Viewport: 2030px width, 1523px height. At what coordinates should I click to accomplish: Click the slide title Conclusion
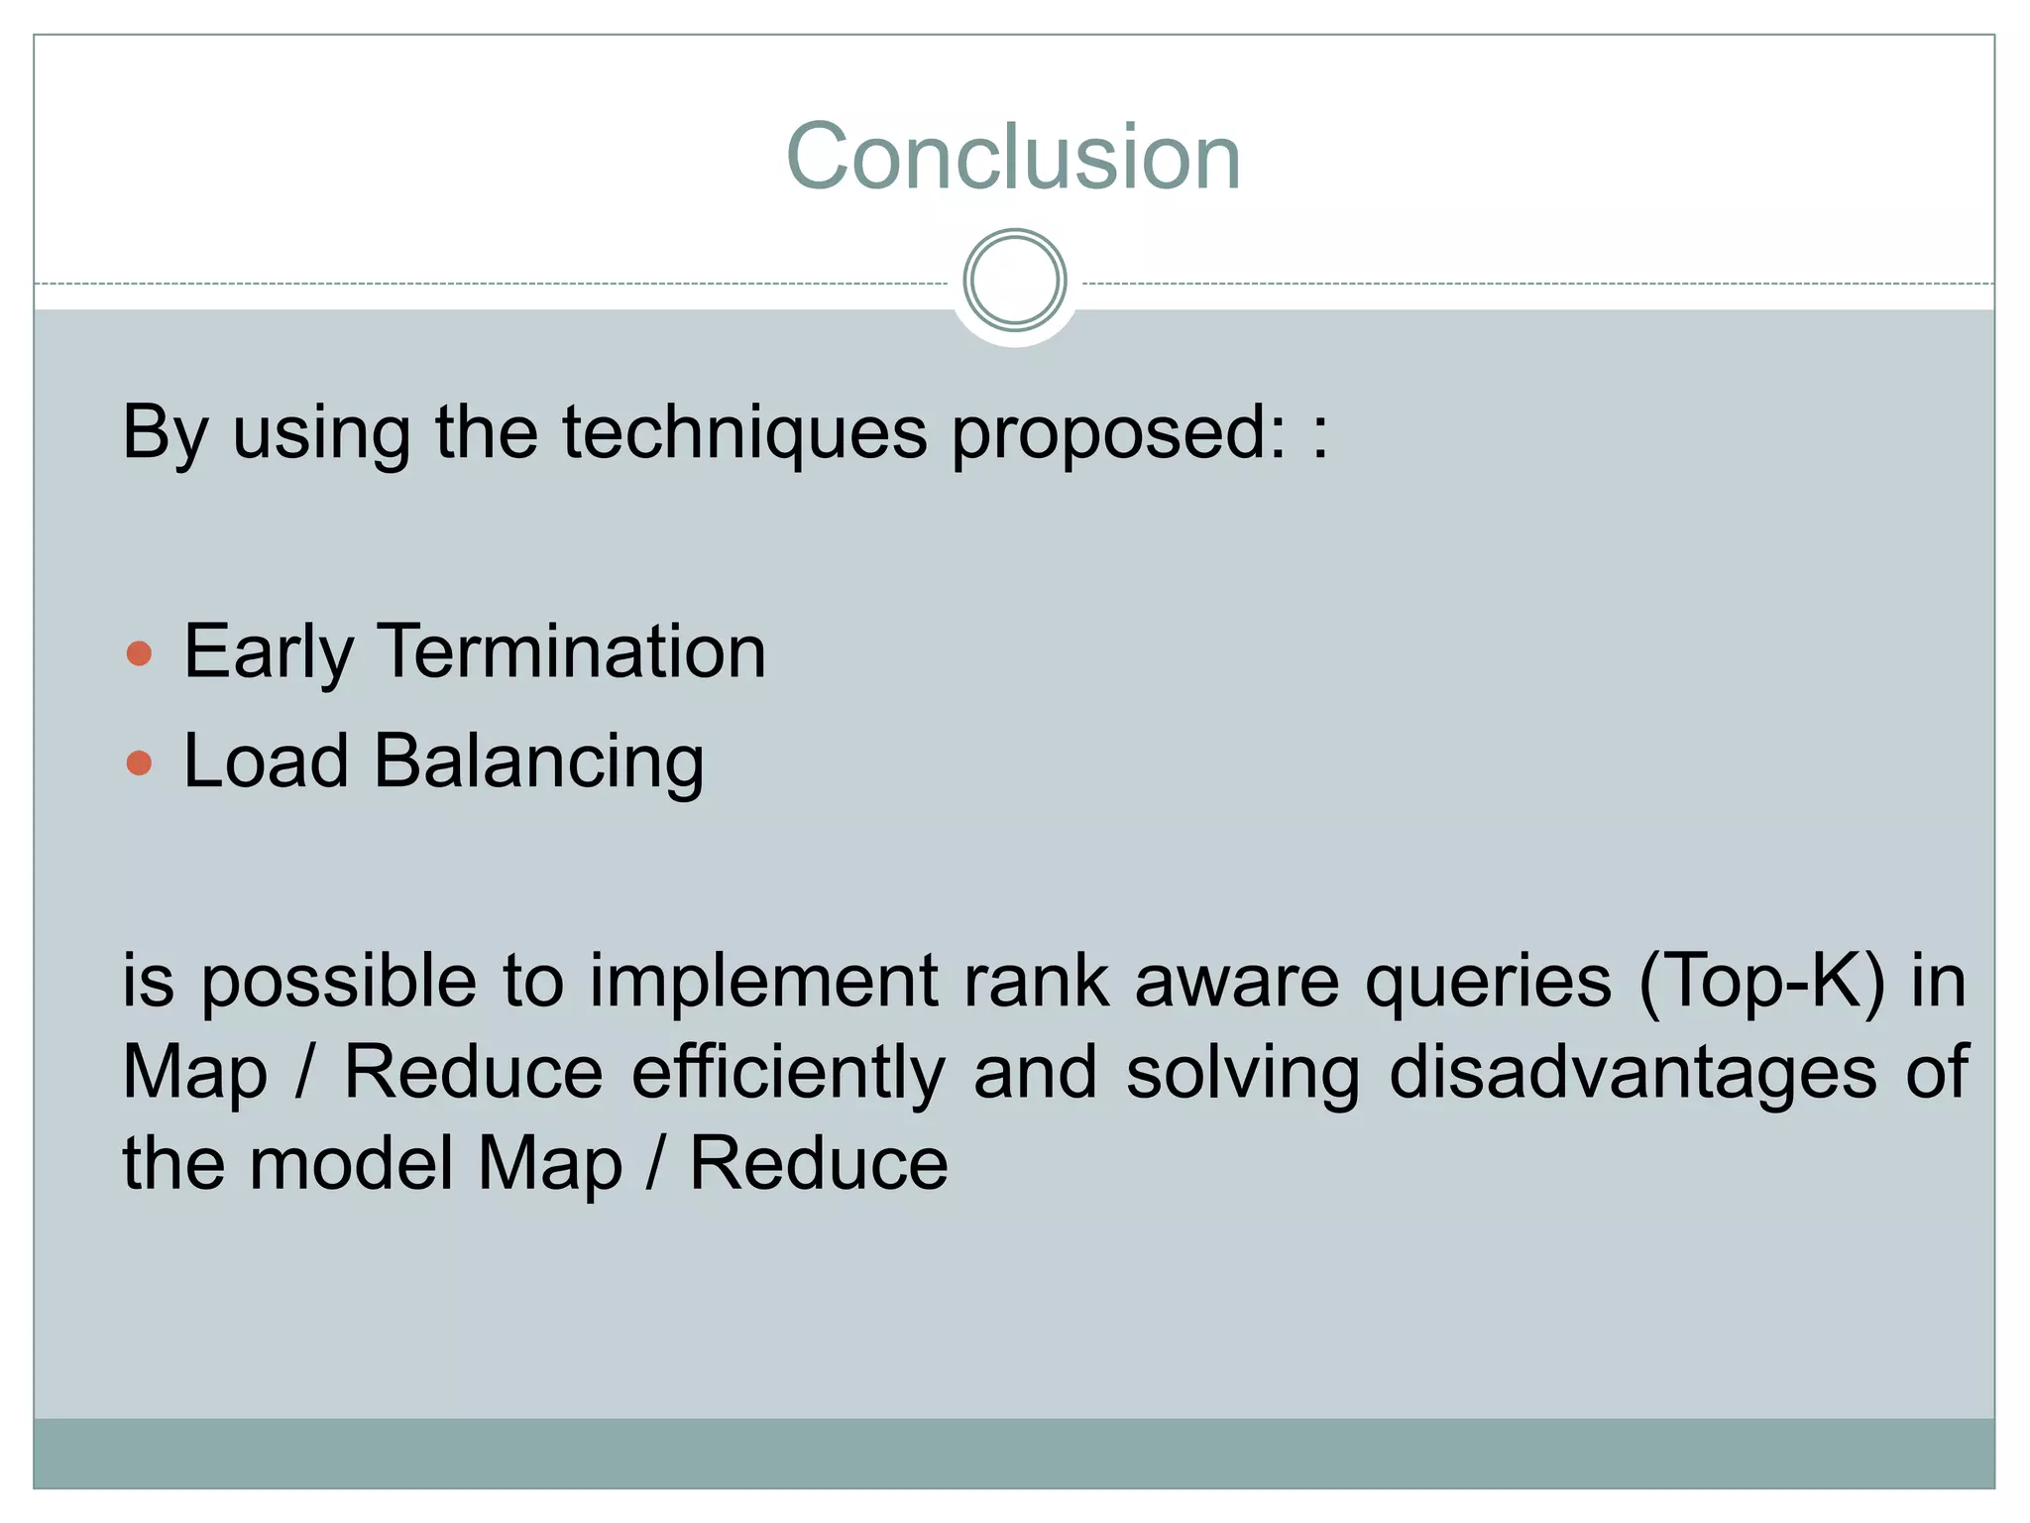[x=1013, y=157]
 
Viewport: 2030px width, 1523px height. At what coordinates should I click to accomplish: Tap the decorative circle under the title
[x=1014, y=281]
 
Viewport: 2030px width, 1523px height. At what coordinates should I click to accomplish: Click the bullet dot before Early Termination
[x=140, y=653]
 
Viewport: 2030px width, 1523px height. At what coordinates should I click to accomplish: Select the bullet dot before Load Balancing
[x=140, y=762]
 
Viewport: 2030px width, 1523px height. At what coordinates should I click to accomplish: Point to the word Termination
[x=572, y=651]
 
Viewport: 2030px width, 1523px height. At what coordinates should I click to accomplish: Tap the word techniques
[x=744, y=433]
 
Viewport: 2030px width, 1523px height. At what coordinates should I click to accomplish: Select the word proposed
[x=1117, y=433]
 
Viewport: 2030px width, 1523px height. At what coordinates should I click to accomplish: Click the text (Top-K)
[x=1762, y=982]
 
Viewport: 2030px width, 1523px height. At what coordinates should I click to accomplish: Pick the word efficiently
[x=788, y=1073]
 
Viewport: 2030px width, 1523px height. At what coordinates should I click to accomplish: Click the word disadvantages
[x=1633, y=1073]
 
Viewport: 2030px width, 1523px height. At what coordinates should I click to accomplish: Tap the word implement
[x=763, y=982]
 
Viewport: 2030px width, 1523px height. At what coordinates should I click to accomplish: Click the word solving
[x=1243, y=1073]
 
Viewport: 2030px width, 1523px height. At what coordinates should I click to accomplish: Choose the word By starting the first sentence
[x=165, y=433]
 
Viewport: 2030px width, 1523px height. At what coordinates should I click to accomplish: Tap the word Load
[x=266, y=762]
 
